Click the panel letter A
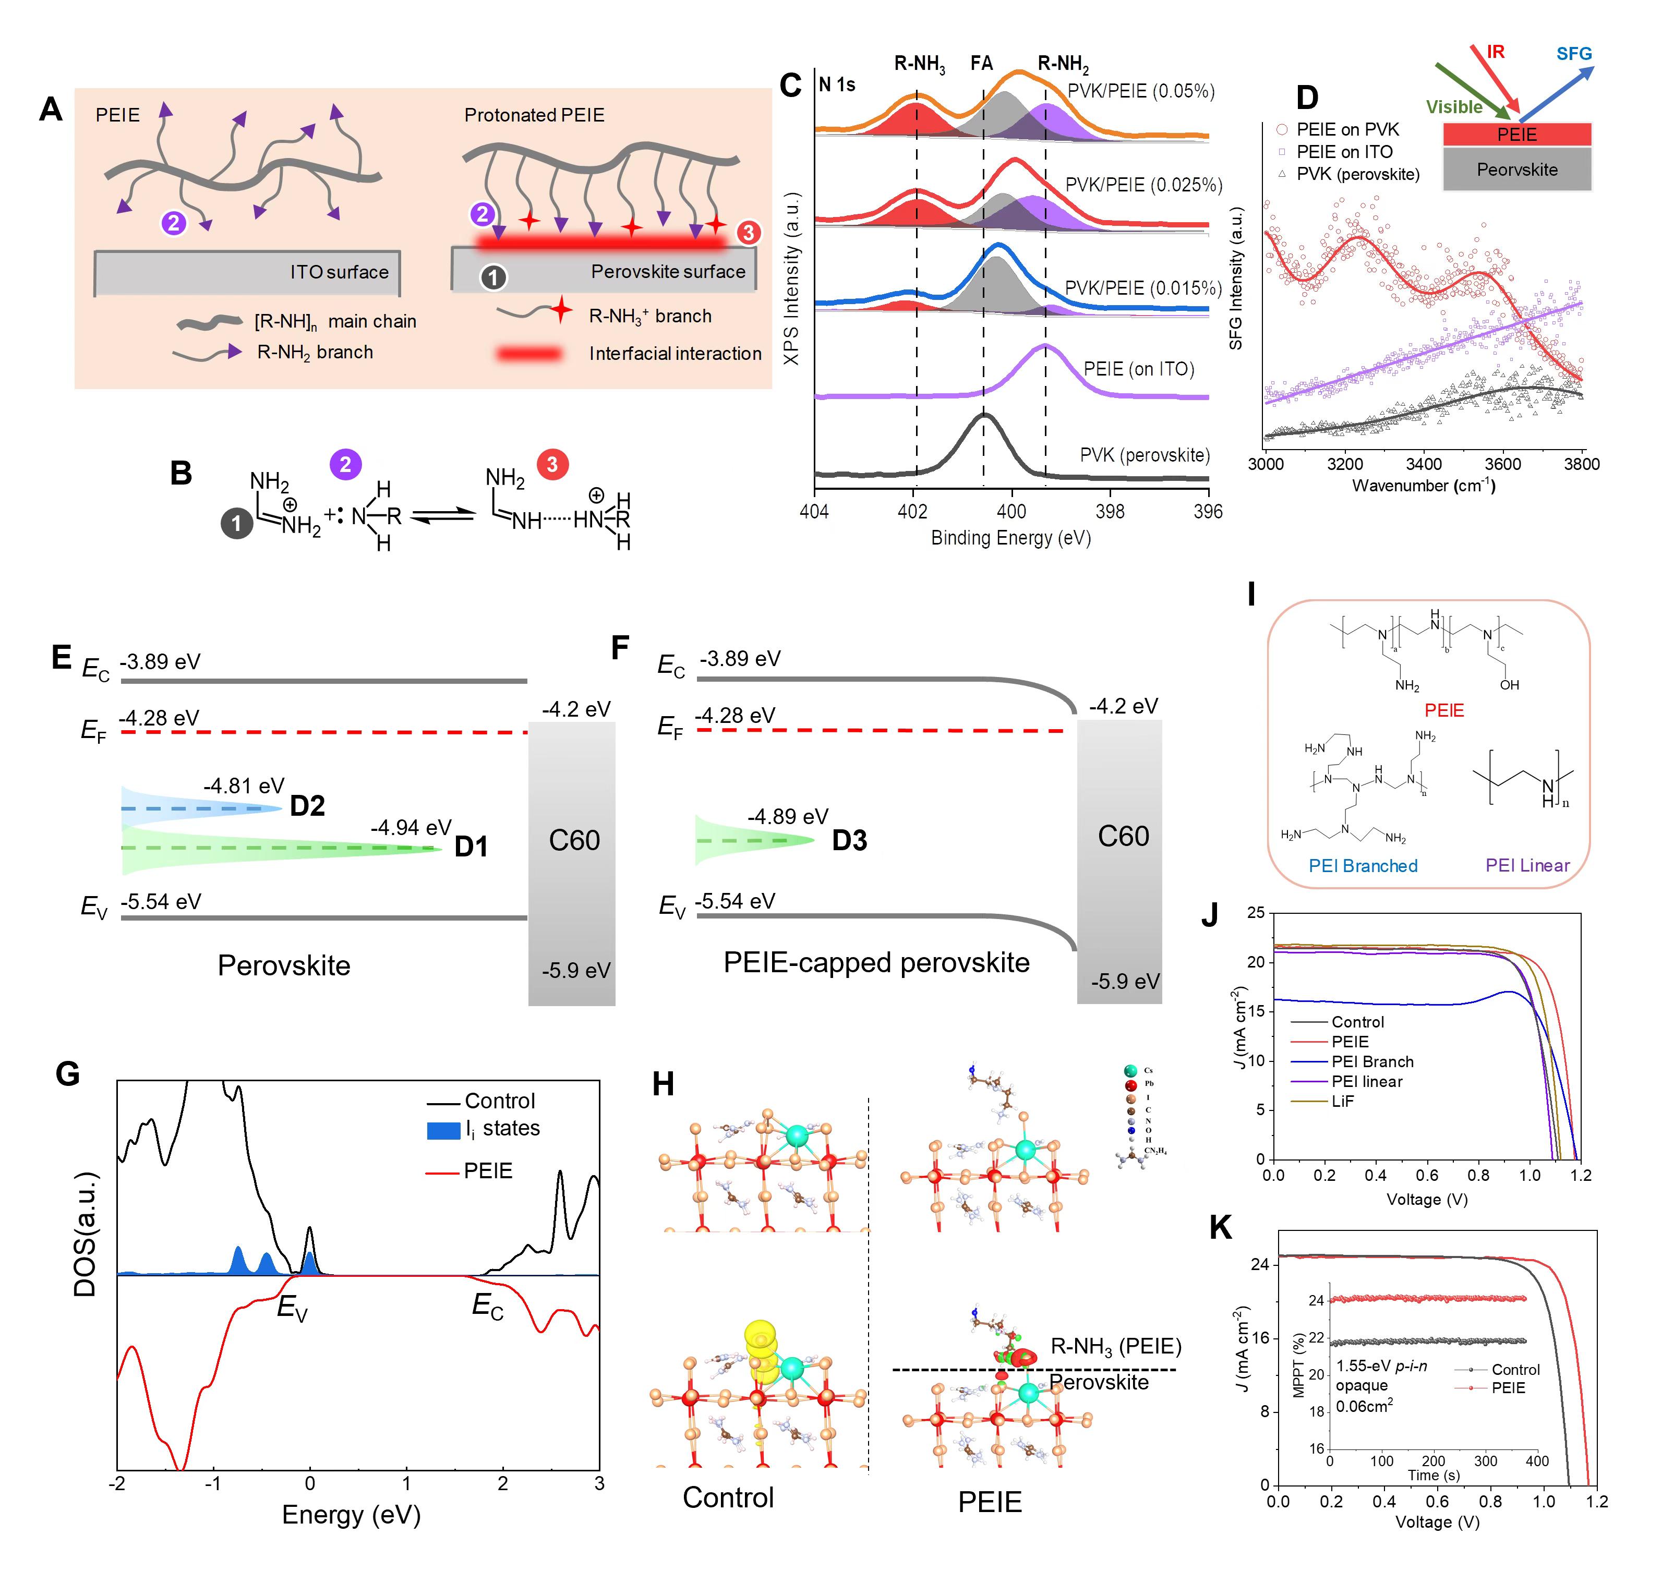pyautogui.click(x=51, y=110)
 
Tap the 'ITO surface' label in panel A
pyautogui.click(x=340, y=272)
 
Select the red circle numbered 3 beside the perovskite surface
pyautogui.click(x=748, y=233)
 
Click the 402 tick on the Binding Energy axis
pyautogui.click(x=913, y=512)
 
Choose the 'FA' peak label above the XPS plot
pyautogui.click(x=982, y=63)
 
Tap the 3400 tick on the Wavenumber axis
pyautogui.click(x=1424, y=464)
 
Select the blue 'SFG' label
pyautogui.click(x=1574, y=54)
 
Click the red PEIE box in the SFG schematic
pyautogui.click(x=1516, y=134)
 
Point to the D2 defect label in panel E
pyautogui.click(x=307, y=806)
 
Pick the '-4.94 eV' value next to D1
pyautogui.click(x=411, y=828)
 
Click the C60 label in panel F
pyautogui.click(x=1123, y=836)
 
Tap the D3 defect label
pyautogui.click(x=849, y=840)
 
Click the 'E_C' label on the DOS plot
pyautogui.click(x=488, y=1306)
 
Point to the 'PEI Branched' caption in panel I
pyautogui.click(x=1363, y=865)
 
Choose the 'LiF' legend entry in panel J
pyautogui.click(x=1342, y=1101)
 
